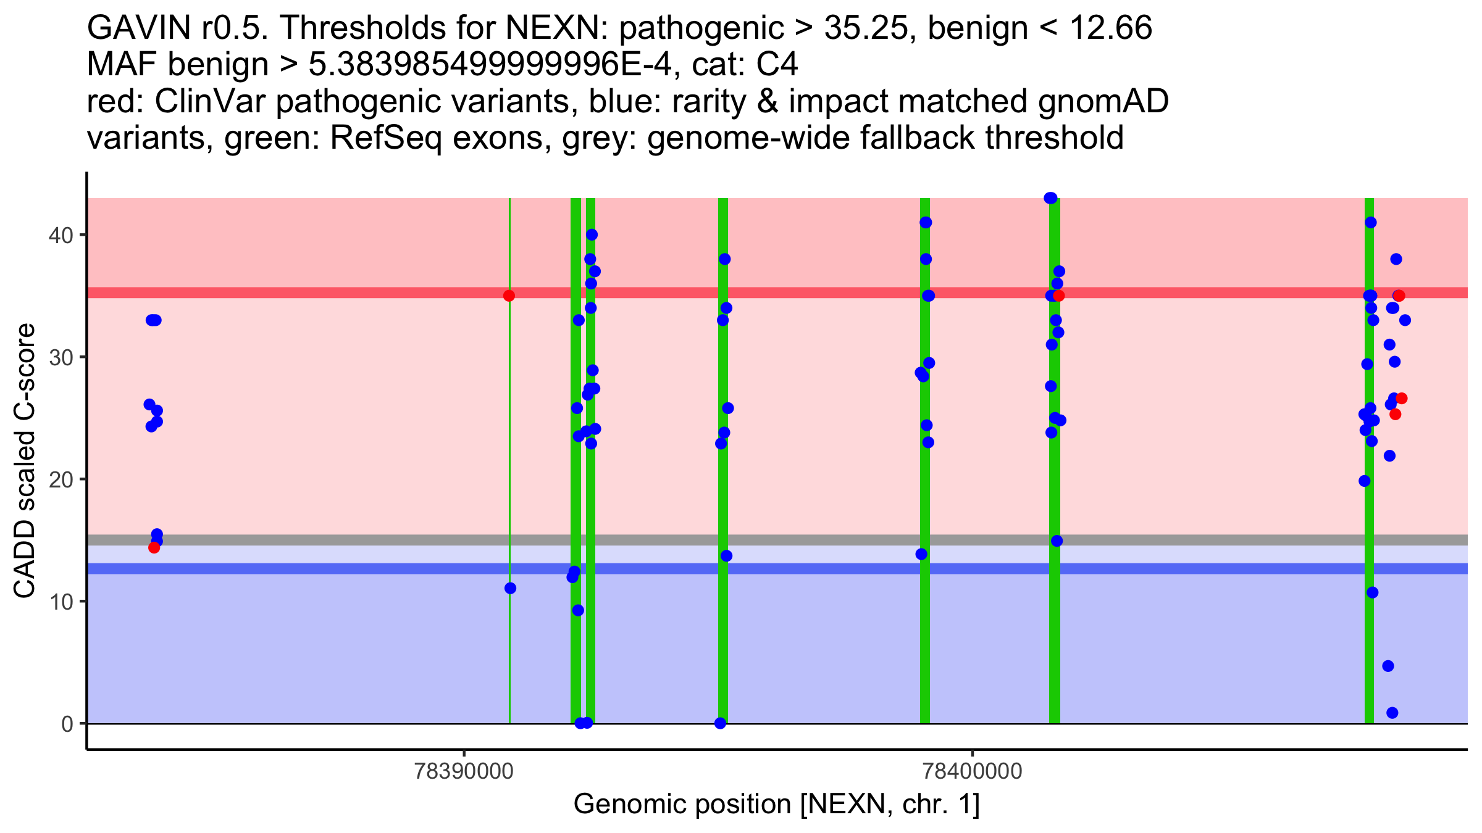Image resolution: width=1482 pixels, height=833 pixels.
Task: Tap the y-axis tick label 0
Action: [x=67, y=724]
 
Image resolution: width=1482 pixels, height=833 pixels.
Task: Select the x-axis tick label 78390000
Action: [x=464, y=771]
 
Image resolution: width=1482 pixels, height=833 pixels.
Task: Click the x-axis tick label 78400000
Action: [x=973, y=771]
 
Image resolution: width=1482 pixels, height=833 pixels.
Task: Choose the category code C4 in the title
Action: [x=777, y=65]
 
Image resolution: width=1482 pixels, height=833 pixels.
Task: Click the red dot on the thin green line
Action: [x=509, y=296]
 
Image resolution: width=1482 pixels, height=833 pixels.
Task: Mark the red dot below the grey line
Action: [x=154, y=547]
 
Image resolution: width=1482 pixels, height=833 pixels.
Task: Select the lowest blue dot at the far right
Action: [x=1392, y=713]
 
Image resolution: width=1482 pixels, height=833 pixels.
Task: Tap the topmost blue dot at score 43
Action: [x=1050, y=198]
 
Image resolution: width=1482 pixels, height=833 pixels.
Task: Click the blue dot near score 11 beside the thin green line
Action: [x=510, y=588]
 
